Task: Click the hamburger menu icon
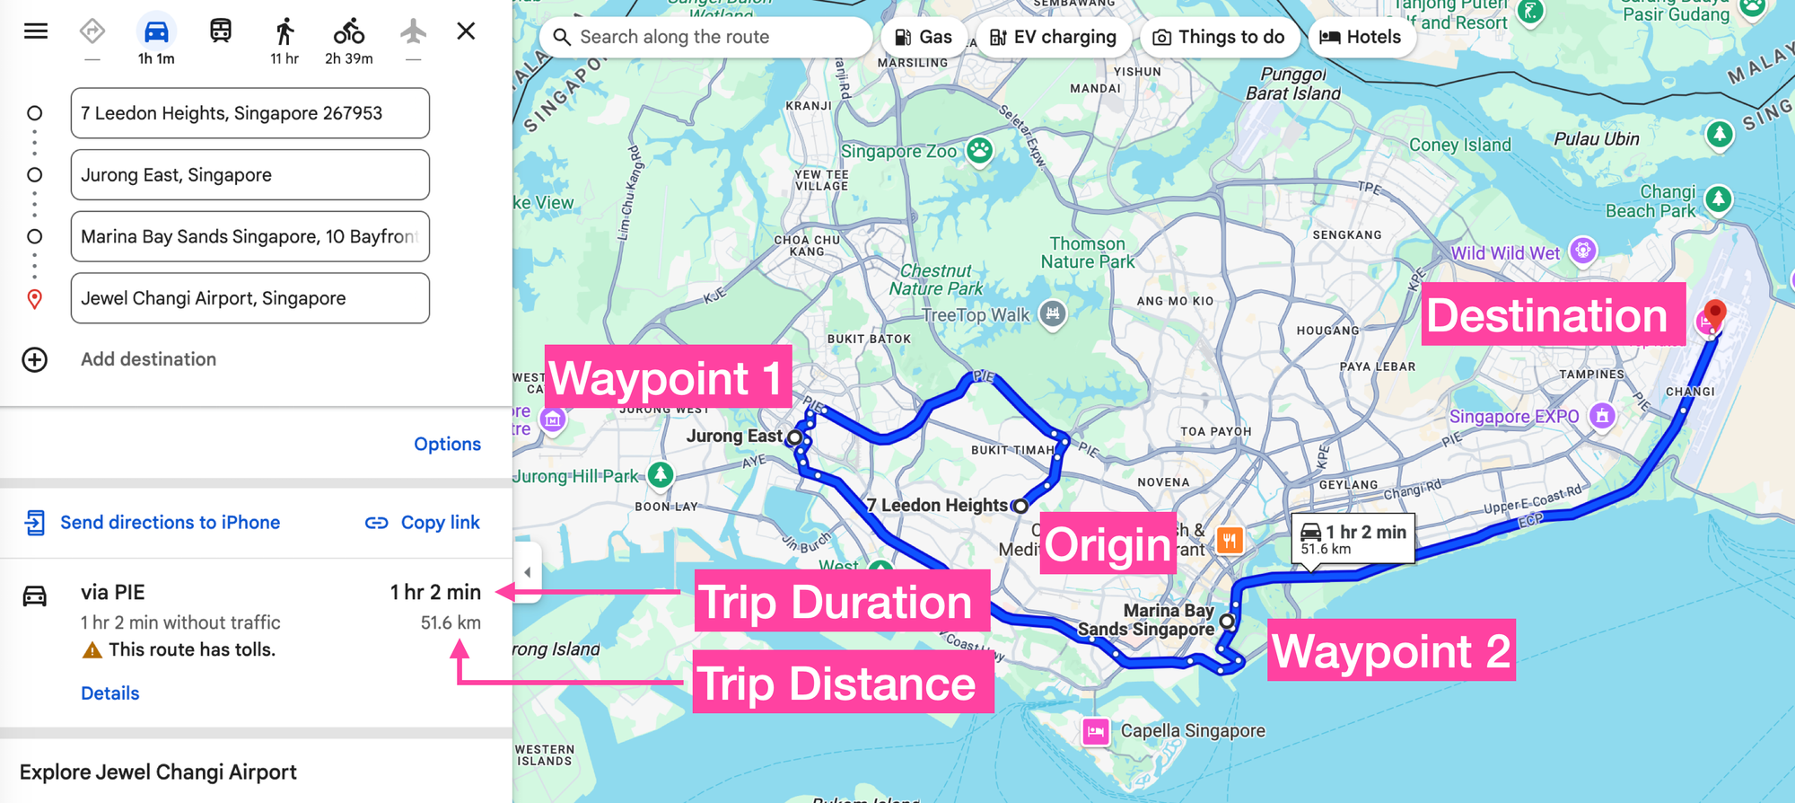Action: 36,31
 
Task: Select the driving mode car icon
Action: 156,32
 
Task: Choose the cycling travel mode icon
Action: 349,32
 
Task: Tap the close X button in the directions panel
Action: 466,31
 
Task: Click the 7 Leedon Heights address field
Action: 250,113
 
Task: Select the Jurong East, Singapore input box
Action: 250,175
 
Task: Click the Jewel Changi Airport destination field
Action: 250,298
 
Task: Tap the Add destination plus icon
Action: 35,359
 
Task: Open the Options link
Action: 447,444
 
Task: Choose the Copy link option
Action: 423,523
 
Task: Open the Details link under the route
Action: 109,693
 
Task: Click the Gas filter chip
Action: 924,37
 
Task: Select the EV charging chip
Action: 1053,37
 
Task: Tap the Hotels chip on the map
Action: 1361,37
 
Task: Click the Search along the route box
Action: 705,37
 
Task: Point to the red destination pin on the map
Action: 1714,313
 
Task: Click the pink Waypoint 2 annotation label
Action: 1390,650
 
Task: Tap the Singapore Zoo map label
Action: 899,152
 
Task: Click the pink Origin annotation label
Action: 1108,544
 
